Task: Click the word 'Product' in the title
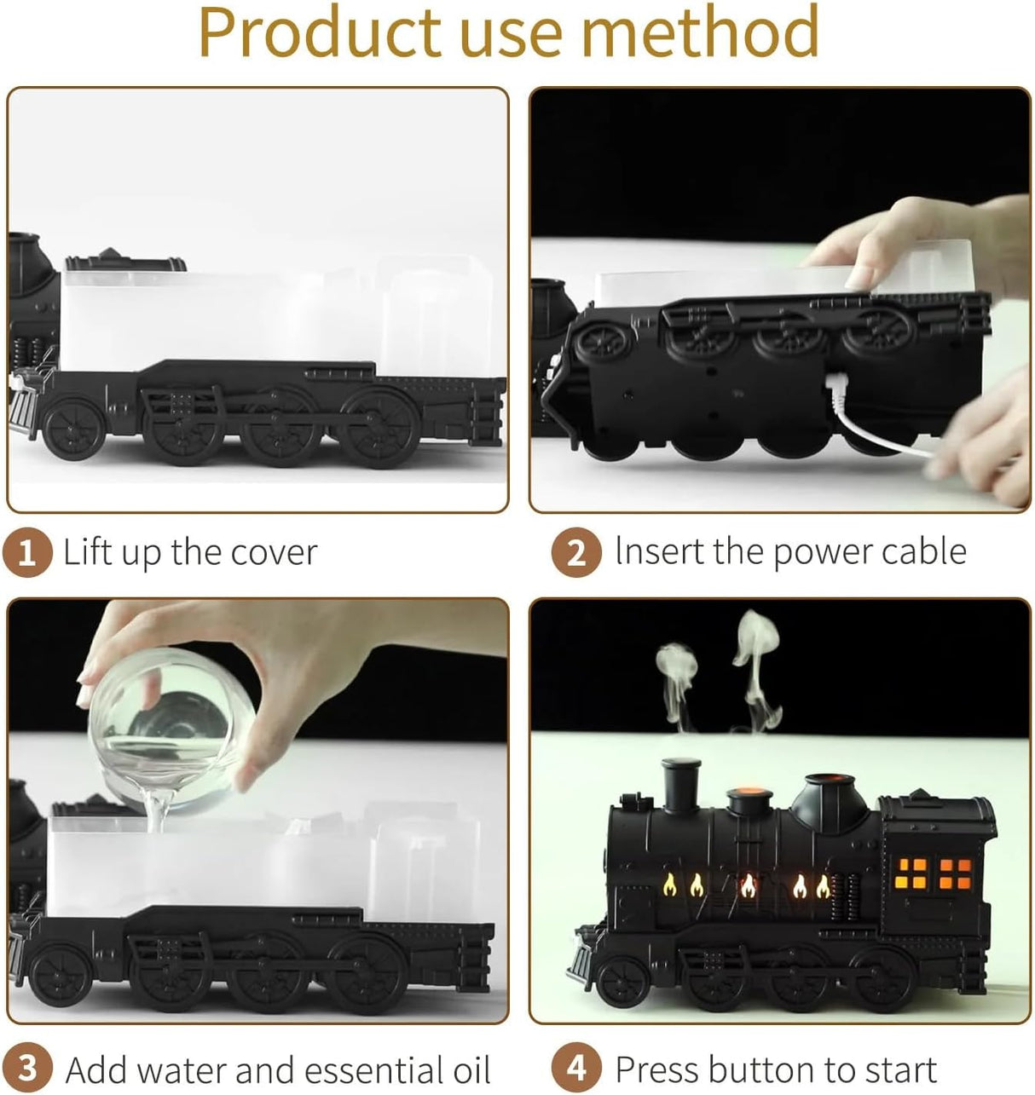(x=320, y=32)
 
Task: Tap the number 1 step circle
(x=27, y=553)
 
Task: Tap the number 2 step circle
(x=576, y=553)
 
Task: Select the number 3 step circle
(x=27, y=1068)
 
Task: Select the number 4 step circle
(x=576, y=1068)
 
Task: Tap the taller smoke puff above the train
(x=757, y=656)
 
